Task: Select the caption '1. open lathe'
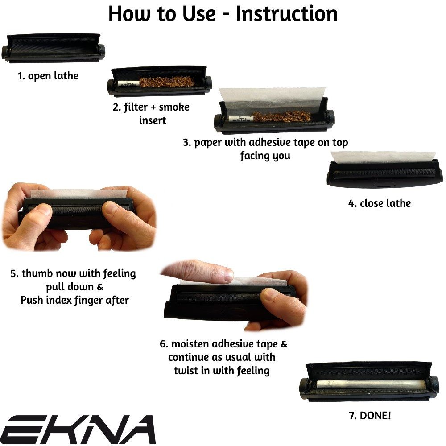[48, 76]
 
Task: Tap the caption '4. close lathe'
[379, 203]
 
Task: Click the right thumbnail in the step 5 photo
[112, 209]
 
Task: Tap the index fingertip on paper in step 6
[223, 275]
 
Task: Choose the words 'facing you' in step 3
[265, 156]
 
